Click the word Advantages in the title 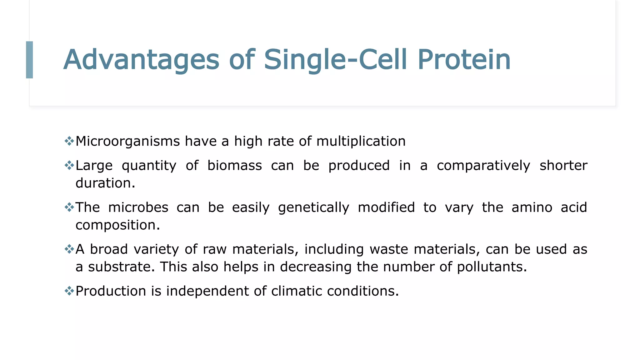point(141,60)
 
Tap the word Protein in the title point(464,60)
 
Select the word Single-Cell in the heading point(336,60)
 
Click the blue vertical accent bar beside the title point(29,60)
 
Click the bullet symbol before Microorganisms point(69,141)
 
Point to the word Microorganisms point(127,141)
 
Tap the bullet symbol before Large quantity point(69,165)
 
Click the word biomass point(234,165)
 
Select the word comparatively point(483,165)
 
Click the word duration point(105,183)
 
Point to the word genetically point(313,207)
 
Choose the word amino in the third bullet point(532,207)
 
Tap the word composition point(117,225)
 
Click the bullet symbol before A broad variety point(69,249)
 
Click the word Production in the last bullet point(111,291)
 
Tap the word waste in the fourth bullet point(389,249)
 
